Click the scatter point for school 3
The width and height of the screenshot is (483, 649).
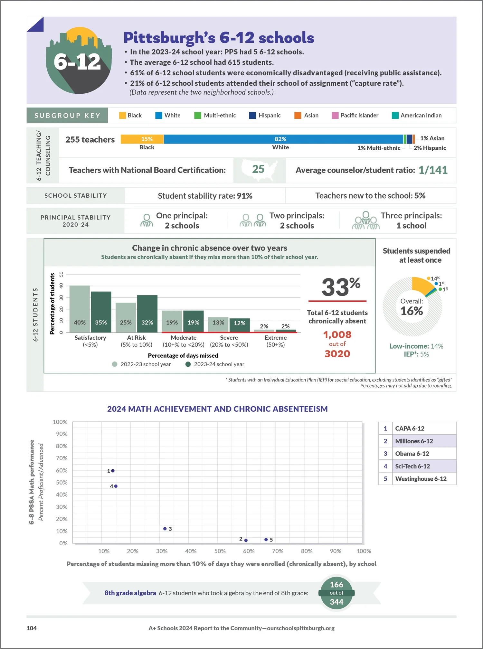tap(165, 529)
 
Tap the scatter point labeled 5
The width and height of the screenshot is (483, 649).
tap(266, 539)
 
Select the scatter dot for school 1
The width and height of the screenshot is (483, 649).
tap(113, 471)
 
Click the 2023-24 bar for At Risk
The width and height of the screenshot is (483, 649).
tap(147, 314)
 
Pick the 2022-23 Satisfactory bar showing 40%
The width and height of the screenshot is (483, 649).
tap(80, 309)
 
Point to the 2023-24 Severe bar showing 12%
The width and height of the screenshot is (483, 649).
tap(240, 325)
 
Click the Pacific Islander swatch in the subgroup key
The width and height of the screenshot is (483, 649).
tap(335, 115)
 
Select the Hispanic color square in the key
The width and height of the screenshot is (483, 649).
tap(252, 115)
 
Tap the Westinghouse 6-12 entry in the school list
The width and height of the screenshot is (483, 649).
tap(421, 479)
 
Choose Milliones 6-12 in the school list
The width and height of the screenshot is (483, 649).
tap(414, 441)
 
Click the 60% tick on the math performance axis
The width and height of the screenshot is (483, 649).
tap(62, 470)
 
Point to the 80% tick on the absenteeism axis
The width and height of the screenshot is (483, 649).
tap(307, 551)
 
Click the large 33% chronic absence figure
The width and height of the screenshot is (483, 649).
tap(341, 287)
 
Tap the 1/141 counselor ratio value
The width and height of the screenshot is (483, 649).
tap(433, 170)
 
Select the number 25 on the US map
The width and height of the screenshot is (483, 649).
tap(258, 169)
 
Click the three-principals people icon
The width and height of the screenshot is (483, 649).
tap(366, 221)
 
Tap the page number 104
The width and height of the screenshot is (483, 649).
tap(32, 628)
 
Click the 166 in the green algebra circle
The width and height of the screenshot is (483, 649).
tap(336, 584)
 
